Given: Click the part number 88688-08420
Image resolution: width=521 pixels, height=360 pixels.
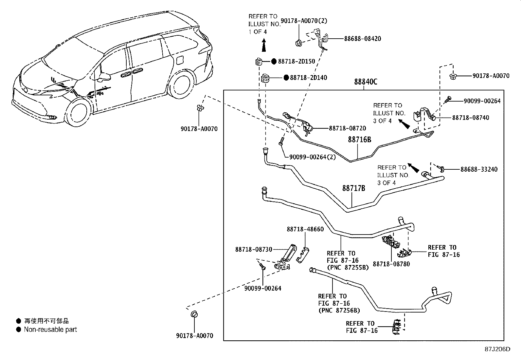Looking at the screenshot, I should click(362, 39).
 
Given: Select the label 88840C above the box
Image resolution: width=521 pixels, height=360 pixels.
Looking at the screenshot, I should click(365, 82).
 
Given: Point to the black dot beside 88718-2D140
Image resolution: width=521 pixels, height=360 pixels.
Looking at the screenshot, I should click(286, 78).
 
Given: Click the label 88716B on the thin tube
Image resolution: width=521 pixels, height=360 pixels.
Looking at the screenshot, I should click(359, 140).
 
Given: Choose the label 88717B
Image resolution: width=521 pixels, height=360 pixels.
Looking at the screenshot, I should click(353, 189).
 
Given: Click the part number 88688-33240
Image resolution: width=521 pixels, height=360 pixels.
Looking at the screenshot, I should click(479, 169).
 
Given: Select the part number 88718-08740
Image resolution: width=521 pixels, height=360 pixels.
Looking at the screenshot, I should click(471, 118).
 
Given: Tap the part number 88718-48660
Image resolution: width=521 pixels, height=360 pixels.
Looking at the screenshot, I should click(305, 229).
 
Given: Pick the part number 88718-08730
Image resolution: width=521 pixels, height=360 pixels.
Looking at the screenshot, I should click(253, 249).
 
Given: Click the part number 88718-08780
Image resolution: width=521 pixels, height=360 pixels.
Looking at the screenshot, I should click(391, 264).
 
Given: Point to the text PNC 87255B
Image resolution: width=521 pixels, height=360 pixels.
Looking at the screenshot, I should click(348, 268).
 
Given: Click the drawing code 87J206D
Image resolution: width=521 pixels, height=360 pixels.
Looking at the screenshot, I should click(497, 349).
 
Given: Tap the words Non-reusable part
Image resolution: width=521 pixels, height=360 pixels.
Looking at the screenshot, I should click(50, 330).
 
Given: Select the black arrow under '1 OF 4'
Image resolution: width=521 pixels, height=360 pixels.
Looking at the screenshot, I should click(263, 46).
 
